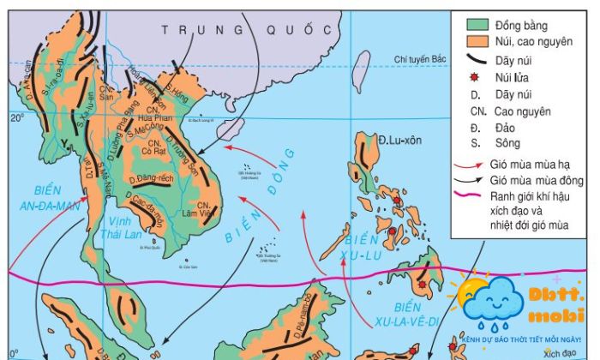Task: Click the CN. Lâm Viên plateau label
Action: (204, 212)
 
